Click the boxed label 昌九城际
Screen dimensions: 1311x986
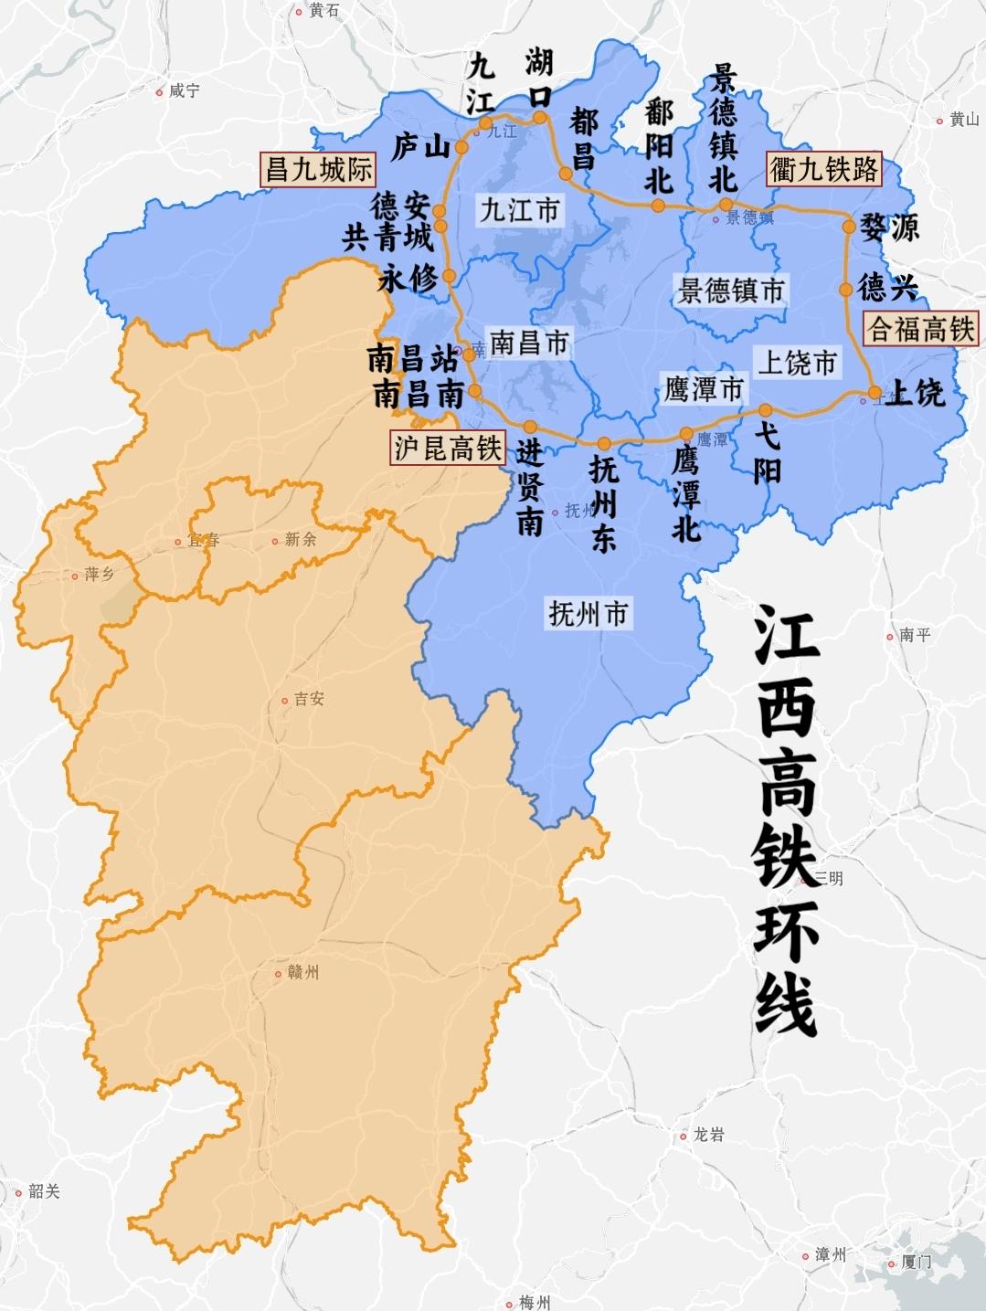pyautogui.click(x=317, y=169)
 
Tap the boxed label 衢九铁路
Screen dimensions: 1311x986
pyautogui.click(x=824, y=169)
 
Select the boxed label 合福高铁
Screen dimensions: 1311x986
pyautogui.click(x=920, y=328)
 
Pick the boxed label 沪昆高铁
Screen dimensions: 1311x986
pyautogui.click(x=448, y=448)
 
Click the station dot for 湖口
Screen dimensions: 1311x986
pyautogui.click(x=540, y=117)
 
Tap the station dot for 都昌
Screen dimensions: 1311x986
pyautogui.click(x=566, y=174)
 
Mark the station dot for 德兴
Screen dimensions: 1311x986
pyautogui.click(x=845, y=290)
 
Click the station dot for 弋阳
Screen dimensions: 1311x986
pyautogui.click(x=765, y=410)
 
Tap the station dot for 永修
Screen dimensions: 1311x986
pyautogui.click(x=449, y=275)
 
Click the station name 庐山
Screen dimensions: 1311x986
pyautogui.click(x=420, y=146)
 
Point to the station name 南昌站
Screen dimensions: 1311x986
pyautogui.click(x=412, y=358)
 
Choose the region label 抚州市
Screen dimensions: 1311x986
pyautogui.click(x=588, y=614)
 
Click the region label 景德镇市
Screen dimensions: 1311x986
pyautogui.click(x=731, y=291)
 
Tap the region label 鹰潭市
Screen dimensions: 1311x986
pyautogui.click(x=703, y=390)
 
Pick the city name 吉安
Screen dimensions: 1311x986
pyautogui.click(x=309, y=699)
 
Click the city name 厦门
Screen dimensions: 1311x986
pyautogui.click(x=916, y=1263)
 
